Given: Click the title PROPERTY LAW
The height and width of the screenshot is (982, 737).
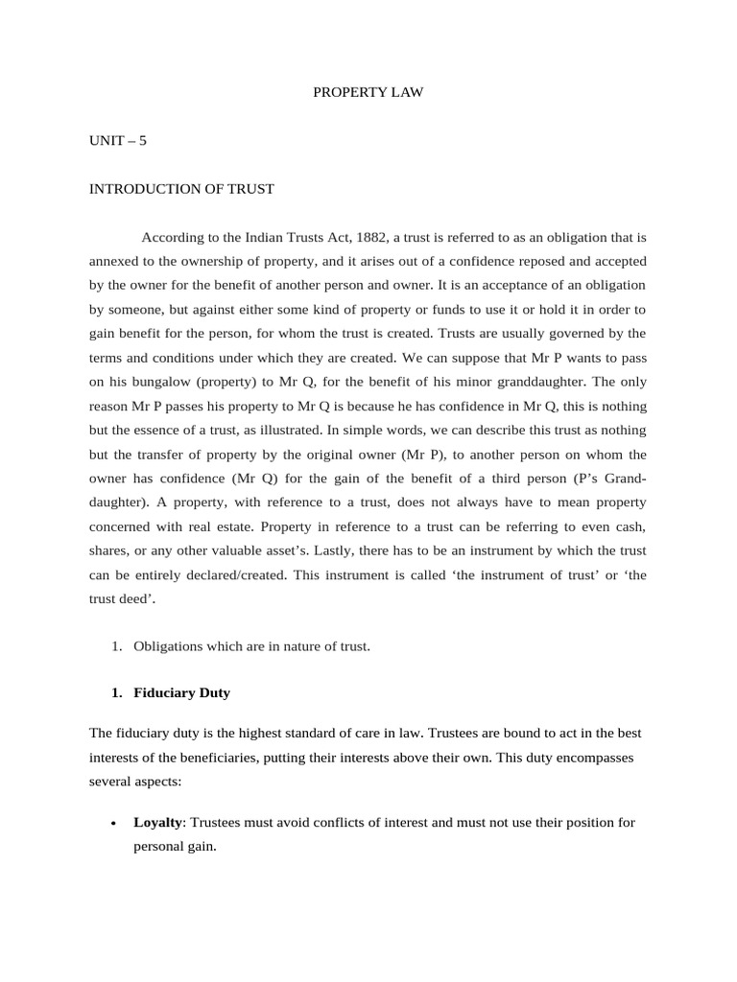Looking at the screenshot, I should [368, 93].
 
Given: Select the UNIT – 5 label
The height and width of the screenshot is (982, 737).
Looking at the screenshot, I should [118, 140].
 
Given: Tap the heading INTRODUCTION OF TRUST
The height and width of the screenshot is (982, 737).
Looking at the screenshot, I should [181, 189].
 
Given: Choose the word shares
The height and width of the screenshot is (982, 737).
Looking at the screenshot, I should [110, 549].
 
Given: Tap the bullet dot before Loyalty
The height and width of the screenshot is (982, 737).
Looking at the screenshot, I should [113, 824].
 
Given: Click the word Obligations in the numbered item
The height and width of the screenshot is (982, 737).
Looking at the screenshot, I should [170, 646].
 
